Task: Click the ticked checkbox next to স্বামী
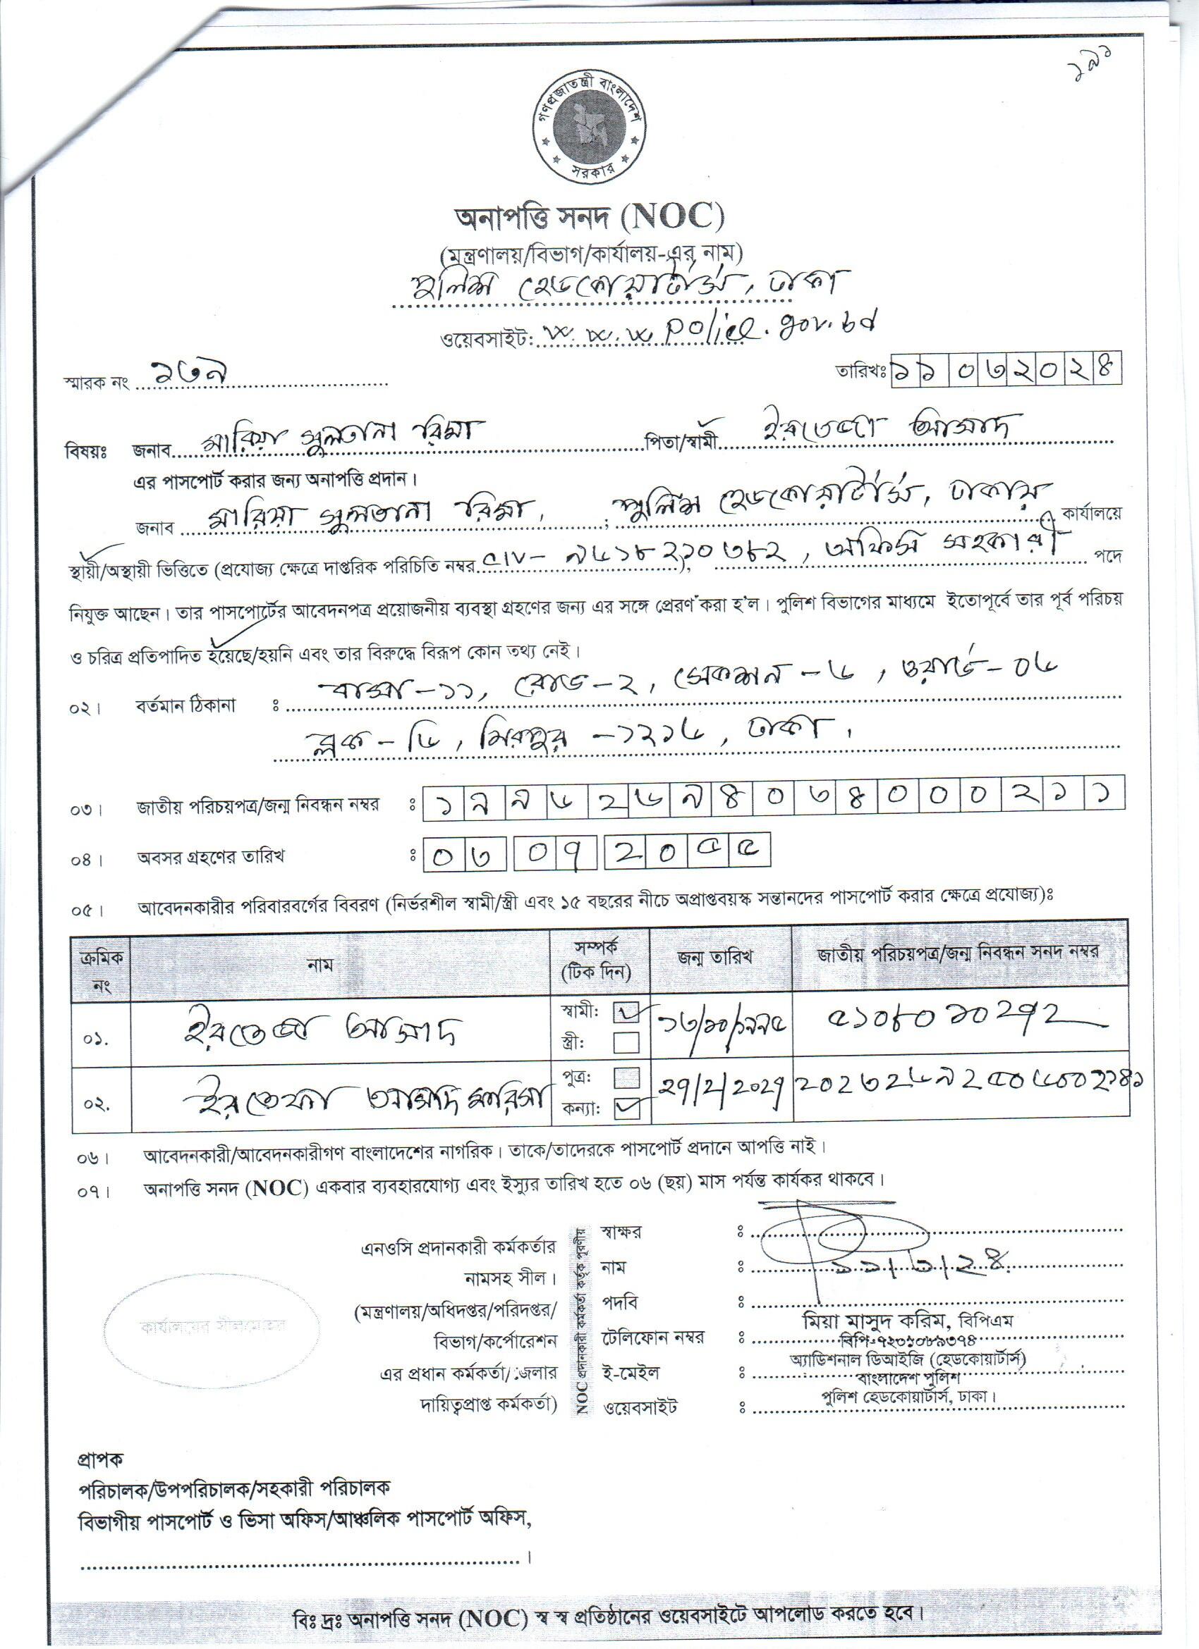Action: pyautogui.click(x=625, y=1011)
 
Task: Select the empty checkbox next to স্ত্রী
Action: pyautogui.click(x=626, y=1043)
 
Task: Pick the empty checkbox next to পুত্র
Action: pyautogui.click(x=626, y=1077)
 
